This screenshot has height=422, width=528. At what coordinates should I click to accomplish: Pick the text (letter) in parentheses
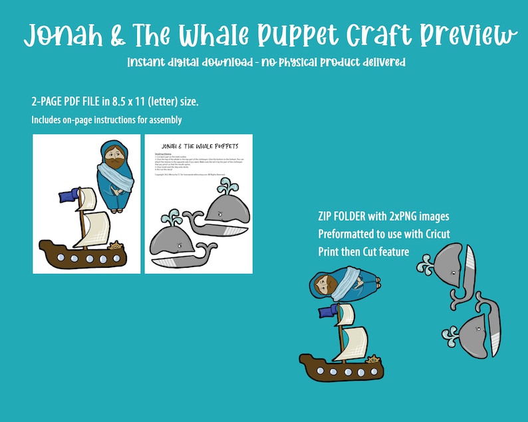coord(161,102)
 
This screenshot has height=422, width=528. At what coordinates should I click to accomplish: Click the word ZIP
coord(329,217)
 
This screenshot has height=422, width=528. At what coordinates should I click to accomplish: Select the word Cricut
coord(435,234)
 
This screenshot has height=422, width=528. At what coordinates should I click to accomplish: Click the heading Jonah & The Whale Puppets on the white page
coord(199,146)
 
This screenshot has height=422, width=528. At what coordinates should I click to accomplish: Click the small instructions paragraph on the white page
coord(199,163)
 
